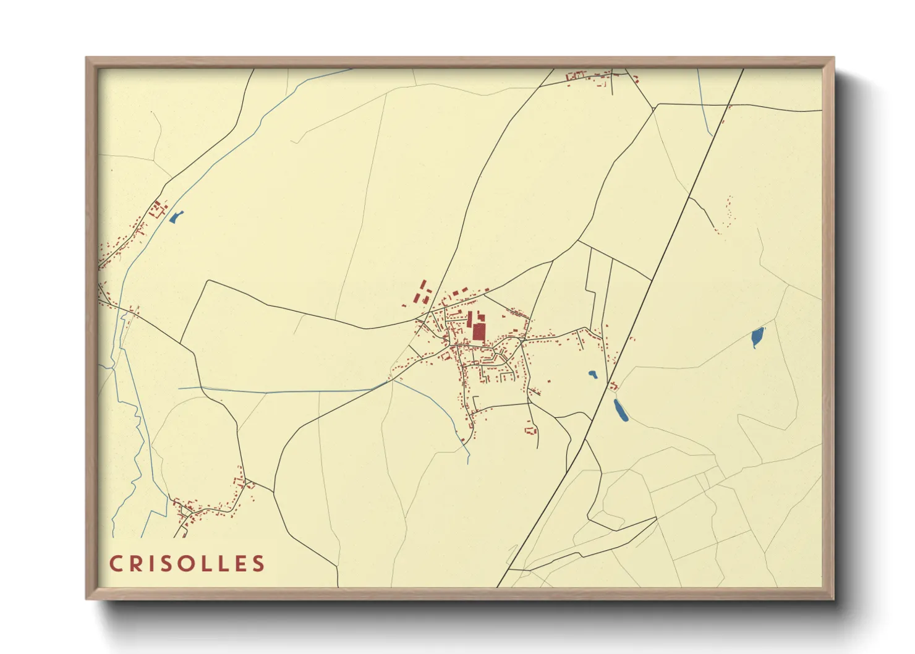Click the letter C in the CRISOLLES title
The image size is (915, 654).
click(116, 564)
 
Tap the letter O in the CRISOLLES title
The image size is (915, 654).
click(186, 564)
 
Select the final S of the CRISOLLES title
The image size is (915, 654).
click(258, 564)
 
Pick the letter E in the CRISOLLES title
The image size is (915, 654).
click(240, 564)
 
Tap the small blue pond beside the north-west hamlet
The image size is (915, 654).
click(176, 217)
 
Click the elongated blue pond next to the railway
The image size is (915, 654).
click(621, 410)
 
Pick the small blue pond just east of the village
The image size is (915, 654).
click(592, 375)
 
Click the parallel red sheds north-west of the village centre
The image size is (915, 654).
click(423, 292)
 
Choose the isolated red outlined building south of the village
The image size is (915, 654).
click(529, 429)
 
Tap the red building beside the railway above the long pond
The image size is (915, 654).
click(613, 387)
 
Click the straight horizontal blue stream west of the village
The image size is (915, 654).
click(278, 391)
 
